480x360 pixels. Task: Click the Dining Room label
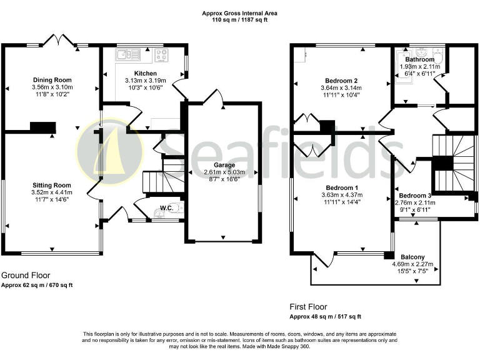pyautogui.click(x=52, y=80)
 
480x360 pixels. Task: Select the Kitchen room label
pyautogui.click(x=146, y=73)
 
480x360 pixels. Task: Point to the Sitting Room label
pyautogui.click(x=52, y=185)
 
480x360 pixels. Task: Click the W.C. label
pyautogui.click(x=166, y=207)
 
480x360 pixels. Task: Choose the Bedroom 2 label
pyautogui.click(x=341, y=81)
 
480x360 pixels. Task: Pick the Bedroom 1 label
pyautogui.click(x=341, y=188)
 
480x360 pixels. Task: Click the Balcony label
pyautogui.click(x=412, y=257)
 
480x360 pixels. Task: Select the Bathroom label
pyautogui.click(x=419, y=59)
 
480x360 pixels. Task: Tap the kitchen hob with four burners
pyautogui.click(x=162, y=54)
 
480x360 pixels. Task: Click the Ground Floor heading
pyautogui.click(x=26, y=275)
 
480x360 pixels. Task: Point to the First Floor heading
pyautogui.click(x=308, y=307)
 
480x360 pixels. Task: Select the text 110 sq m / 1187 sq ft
pyautogui.click(x=240, y=20)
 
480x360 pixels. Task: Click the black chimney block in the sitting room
pyautogui.click(x=43, y=128)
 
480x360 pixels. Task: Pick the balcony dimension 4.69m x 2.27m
pyautogui.click(x=412, y=264)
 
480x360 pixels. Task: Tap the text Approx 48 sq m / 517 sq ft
pyautogui.click(x=325, y=317)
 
